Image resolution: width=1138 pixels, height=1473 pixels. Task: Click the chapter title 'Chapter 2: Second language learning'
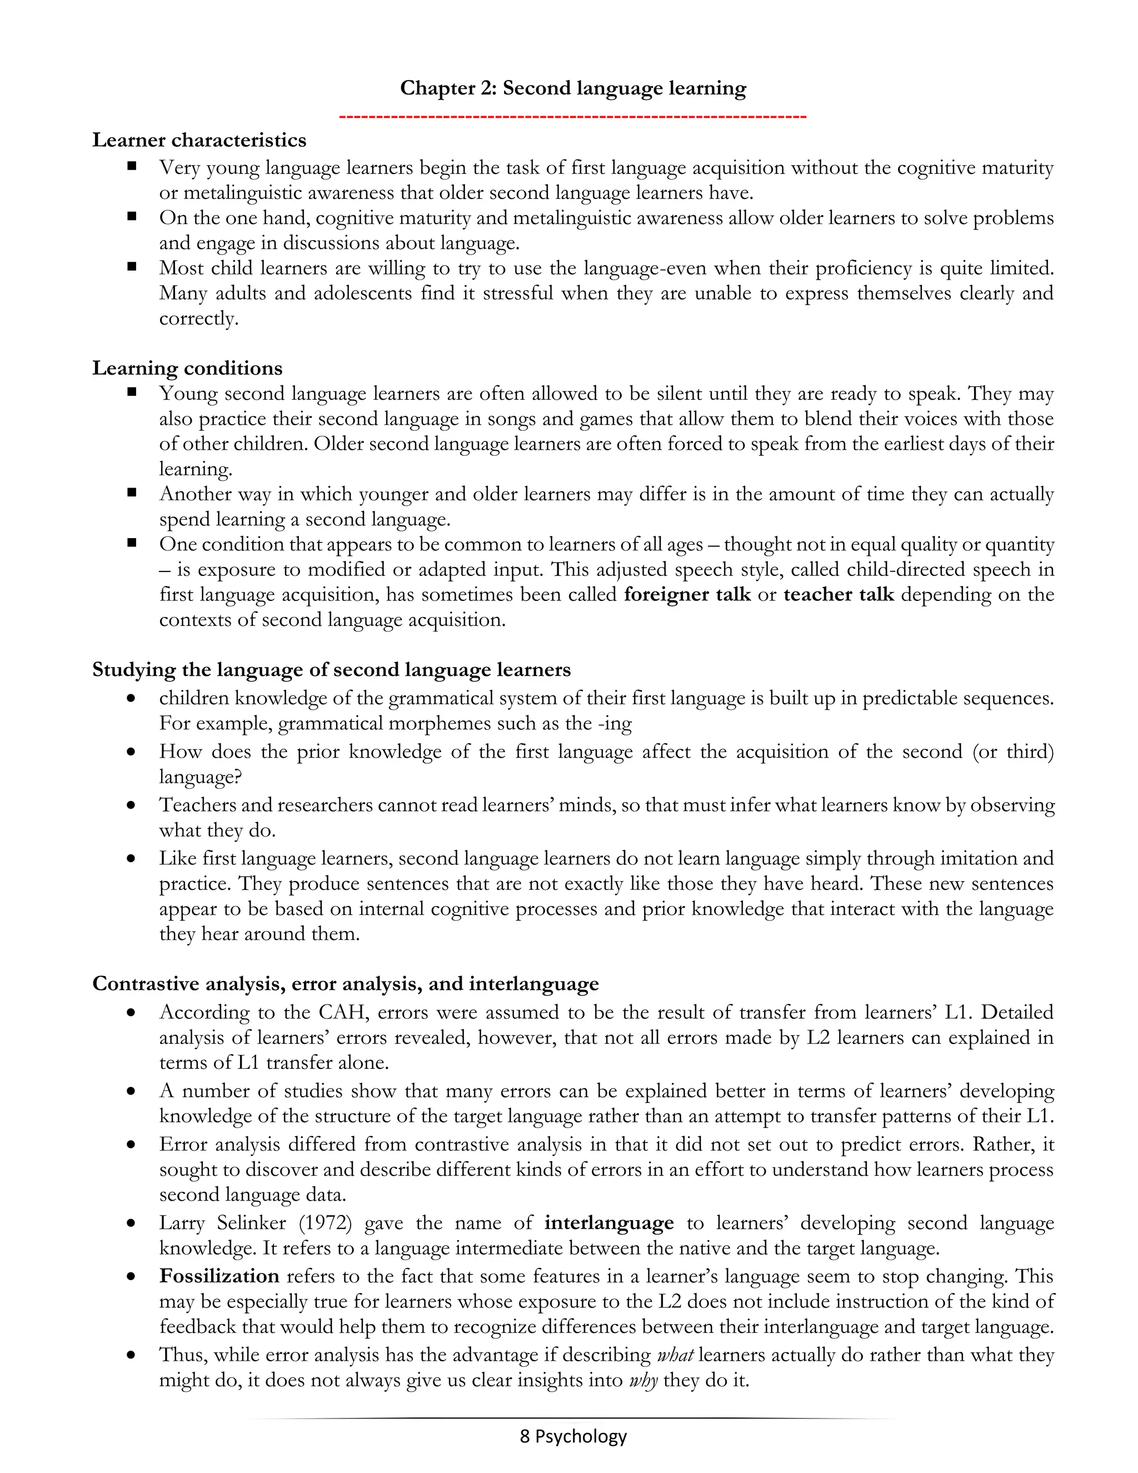click(x=572, y=88)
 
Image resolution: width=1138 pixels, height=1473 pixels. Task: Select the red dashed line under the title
click(x=572, y=117)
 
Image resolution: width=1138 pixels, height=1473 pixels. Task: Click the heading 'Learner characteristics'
click(x=199, y=140)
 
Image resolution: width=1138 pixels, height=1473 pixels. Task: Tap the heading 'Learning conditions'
click(x=187, y=368)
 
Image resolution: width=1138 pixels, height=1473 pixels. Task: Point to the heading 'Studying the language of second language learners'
click(x=331, y=670)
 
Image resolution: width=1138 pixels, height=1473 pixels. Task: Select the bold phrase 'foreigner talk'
click(x=687, y=595)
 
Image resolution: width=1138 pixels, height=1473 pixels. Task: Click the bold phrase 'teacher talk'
click(x=838, y=595)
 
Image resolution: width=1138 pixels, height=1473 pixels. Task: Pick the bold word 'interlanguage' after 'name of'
click(x=609, y=1223)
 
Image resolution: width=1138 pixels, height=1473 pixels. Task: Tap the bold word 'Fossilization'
click(x=219, y=1277)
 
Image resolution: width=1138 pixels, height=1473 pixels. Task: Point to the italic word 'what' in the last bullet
click(x=675, y=1356)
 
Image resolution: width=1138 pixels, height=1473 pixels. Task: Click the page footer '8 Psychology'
click(x=572, y=1436)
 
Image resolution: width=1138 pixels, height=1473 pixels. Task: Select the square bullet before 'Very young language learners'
click(x=132, y=166)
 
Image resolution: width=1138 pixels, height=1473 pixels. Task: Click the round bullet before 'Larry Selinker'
click(x=132, y=1224)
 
